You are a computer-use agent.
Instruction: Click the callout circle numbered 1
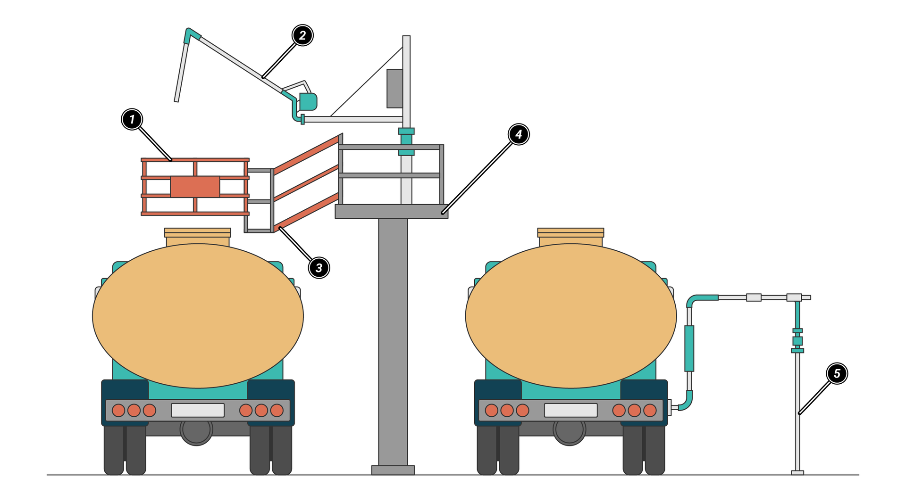[132, 119]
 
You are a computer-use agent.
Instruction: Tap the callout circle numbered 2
[302, 35]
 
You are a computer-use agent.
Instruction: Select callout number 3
[319, 268]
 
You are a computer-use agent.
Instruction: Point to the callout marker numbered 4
[519, 134]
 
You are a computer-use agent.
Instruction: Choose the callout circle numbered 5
[837, 373]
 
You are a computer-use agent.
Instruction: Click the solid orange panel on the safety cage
[195, 187]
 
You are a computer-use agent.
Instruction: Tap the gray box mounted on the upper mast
[395, 89]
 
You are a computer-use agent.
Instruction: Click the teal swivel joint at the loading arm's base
[308, 101]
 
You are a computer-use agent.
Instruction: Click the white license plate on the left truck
[198, 410]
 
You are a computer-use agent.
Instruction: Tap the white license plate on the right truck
[570, 410]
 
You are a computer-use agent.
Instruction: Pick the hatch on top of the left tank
[198, 237]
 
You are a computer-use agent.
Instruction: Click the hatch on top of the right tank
[570, 237]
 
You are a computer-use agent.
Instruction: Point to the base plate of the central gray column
[393, 470]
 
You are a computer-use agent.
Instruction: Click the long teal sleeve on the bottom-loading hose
[689, 348]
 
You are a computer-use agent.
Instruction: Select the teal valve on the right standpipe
[797, 341]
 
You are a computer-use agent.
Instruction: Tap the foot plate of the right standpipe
[797, 472]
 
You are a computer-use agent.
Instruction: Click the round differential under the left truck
[196, 430]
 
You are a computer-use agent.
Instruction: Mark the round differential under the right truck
[569, 430]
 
